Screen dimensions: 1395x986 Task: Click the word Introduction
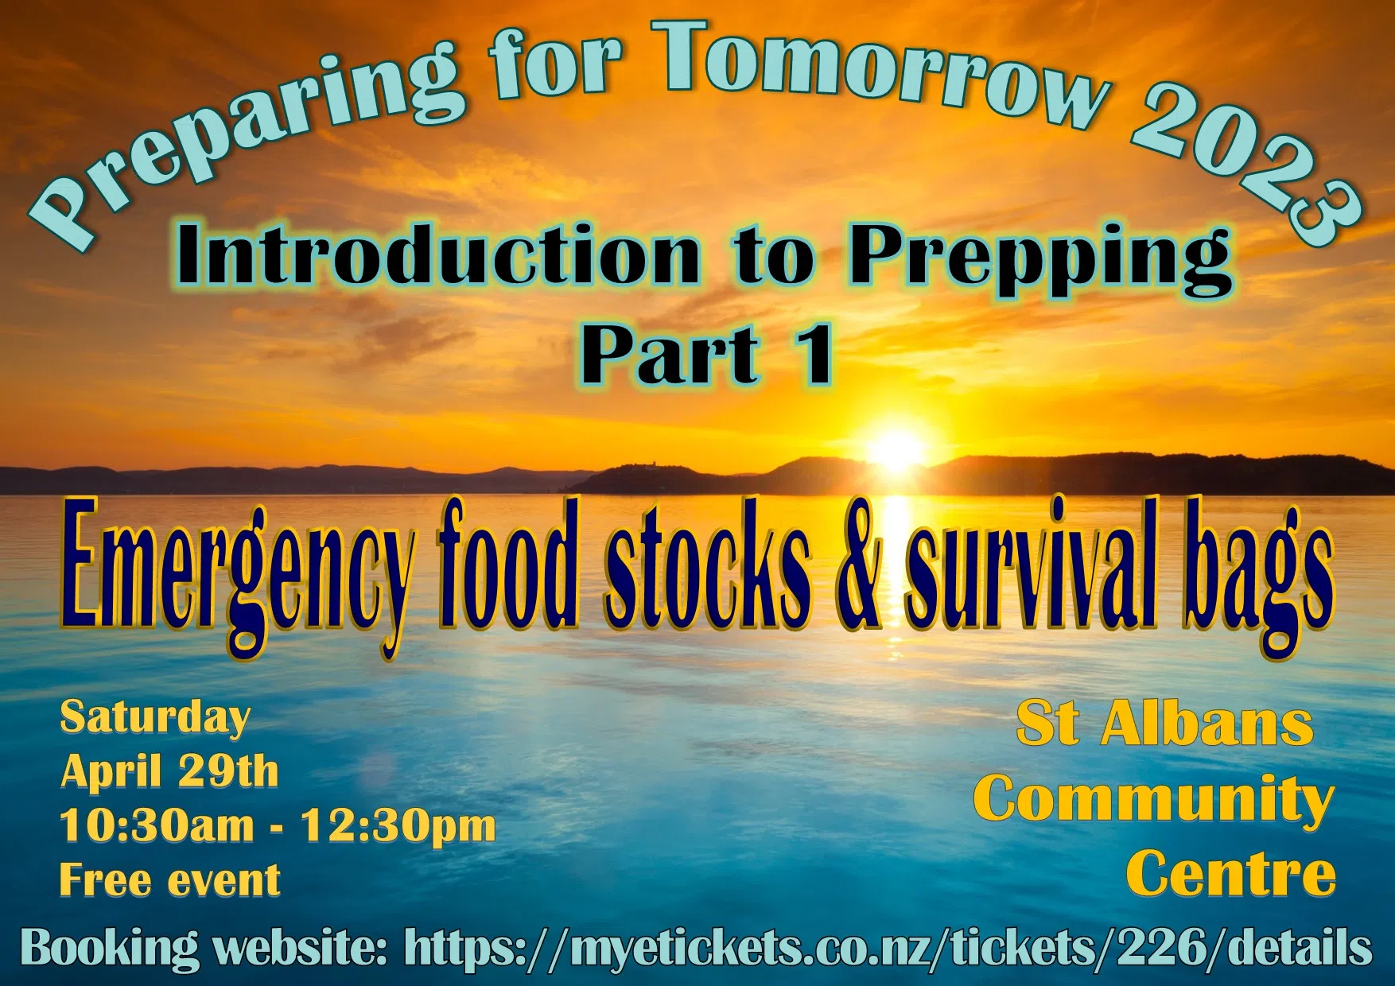click(437, 254)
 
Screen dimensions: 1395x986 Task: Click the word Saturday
click(155, 719)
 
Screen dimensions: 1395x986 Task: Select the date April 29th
click(169, 771)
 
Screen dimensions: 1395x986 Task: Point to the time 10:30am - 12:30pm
click(278, 825)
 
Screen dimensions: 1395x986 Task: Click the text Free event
click(170, 879)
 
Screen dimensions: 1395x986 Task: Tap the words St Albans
click(1165, 724)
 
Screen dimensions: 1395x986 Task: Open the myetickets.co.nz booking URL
click(888, 948)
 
